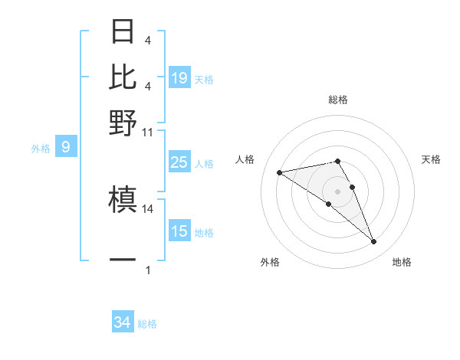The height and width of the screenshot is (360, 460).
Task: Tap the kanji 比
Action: pos(123,77)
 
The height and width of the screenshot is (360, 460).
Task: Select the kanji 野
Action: pos(123,123)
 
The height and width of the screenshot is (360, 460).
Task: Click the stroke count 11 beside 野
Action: pos(148,132)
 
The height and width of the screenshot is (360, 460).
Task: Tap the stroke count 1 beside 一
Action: pos(148,270)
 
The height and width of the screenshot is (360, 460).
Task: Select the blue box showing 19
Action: pos(179,77)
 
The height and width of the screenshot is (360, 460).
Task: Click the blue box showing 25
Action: pos(179,162)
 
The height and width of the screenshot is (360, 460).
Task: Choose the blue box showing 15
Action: pos(179,231)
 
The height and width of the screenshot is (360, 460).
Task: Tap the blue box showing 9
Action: pos(66,147)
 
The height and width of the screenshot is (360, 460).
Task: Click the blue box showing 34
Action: pos(123,322)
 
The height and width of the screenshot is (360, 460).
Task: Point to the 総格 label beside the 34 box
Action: pos(147,324)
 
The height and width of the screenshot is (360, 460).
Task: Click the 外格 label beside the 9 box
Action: pos(40,149)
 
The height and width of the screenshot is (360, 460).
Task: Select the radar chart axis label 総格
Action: pos(337,100)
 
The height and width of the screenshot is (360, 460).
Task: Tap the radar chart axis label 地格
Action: pos(402,262)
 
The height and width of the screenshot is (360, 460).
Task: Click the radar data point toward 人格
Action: pos(280,172)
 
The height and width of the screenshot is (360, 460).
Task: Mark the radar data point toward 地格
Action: pos(374,242)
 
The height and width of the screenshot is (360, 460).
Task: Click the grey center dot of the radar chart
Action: pos(337,191)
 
